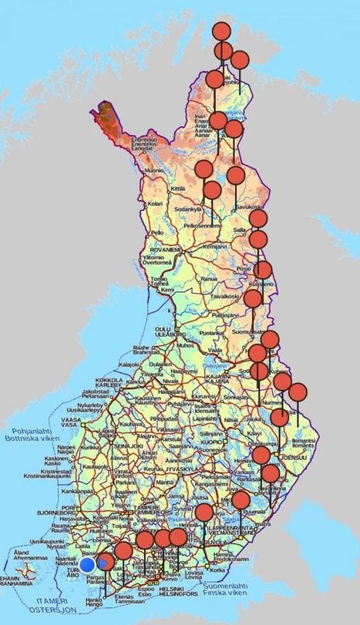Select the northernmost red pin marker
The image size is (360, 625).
pos(221,32)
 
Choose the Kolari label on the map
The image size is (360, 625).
pos(156,203)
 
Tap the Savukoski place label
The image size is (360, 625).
pos(249,207)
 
